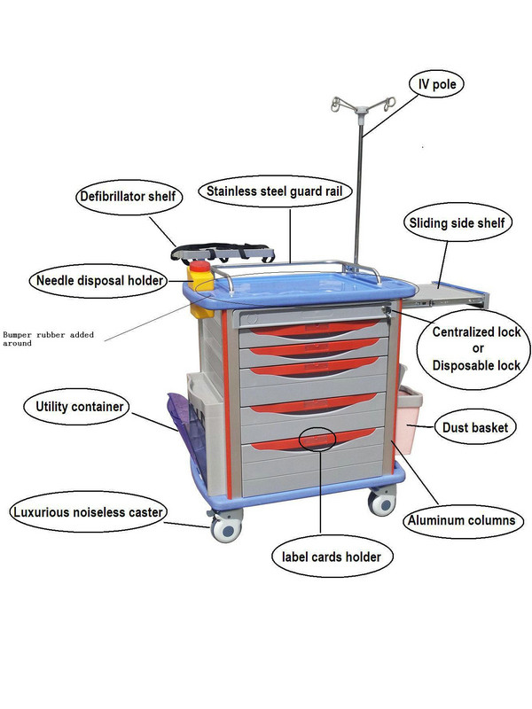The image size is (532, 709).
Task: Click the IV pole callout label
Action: [x=437, y=84]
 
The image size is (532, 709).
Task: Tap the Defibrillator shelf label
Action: [x=128, y=197]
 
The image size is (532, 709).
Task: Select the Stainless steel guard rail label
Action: [x=275, y=191]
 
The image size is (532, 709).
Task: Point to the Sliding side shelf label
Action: [x=457, y=223]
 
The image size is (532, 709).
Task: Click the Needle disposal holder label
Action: [x=99, y=281]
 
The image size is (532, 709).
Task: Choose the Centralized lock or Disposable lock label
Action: [x=476, y=348]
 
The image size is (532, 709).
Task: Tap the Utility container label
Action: [x=79, y=407]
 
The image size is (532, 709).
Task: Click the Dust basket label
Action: [x=475, y=427]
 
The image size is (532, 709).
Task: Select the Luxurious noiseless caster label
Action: [x=88, y=512]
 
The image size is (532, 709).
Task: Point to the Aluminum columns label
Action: [x=461, y=520]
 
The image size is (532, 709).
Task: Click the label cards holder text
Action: [x=332, y=557]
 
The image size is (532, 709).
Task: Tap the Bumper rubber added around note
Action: [x=48, y=339]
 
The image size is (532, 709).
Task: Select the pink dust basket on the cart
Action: [x=408, y=419]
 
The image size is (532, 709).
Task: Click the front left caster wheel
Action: [x=227, y=528]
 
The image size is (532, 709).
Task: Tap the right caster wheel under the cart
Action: [x=382, y=503]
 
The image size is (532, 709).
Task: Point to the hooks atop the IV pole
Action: [x=363, y=105]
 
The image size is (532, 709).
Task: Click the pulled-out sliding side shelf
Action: [x=451, y=295]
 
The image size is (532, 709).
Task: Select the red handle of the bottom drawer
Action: [x=313, y=439]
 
